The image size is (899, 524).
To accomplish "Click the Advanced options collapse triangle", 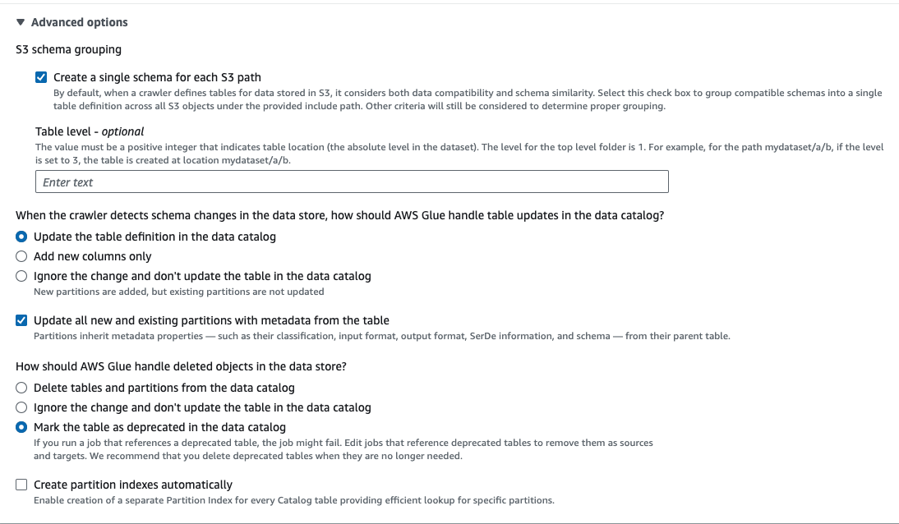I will click(x=21, y=22).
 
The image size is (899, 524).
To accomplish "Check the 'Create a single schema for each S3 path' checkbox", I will click(x=41, y=78).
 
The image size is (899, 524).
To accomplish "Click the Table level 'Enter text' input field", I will click(x=352, y=182).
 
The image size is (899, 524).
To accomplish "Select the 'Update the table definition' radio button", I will click(x=22, y=237).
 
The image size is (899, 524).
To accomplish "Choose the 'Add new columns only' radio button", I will click(x=22, y=256).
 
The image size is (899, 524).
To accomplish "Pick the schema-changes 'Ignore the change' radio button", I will click(x=22, y=276).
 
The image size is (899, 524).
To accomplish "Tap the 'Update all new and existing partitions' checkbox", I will click(x=22, y=320).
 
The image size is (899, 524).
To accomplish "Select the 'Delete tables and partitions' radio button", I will click(x=22, y=388).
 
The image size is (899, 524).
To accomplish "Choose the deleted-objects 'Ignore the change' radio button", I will click(x=22, y=407).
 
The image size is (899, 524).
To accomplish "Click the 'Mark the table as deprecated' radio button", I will click(x=22, y=427).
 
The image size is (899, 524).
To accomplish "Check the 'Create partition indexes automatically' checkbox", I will click(x=22, y=485).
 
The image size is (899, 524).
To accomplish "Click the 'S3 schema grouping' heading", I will click(x=68, y=49).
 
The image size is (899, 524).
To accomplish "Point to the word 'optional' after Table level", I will click(x=122, y=131).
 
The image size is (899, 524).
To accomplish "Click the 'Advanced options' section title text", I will click(x=79, y=22).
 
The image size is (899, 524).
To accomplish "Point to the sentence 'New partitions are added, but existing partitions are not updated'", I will click(x=178, y=292).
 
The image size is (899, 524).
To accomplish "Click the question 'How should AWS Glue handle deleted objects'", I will click(x=181, y=366).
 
